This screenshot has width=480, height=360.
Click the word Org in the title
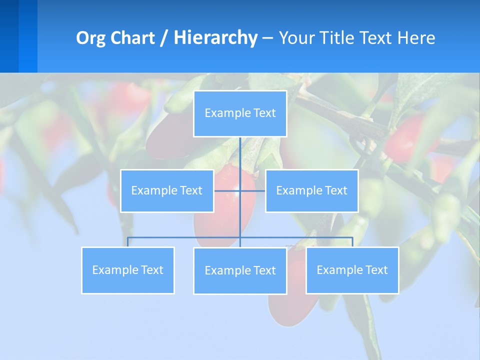(89, 38)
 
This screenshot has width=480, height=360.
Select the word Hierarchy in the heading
(215, 38)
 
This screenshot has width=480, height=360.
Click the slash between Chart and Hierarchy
(164, 38)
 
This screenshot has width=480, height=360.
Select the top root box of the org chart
(240, 113)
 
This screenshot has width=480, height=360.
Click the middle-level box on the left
(167, 191)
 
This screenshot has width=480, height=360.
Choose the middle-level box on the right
(311, 191)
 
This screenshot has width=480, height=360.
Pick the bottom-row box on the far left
(128, 270)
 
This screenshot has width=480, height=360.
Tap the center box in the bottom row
(240, 271)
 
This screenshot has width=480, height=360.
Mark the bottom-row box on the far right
(352, 270)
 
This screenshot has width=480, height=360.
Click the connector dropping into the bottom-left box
(128, 242)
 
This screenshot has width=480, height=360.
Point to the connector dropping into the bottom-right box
(352, 242)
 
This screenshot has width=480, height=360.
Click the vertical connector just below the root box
(240, 152)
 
